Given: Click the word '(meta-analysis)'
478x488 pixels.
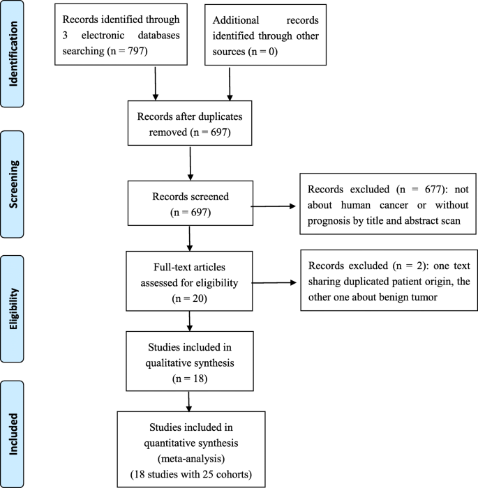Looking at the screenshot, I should click(x=191, y=456).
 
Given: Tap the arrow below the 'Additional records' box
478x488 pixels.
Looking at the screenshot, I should click(x=230, y=89).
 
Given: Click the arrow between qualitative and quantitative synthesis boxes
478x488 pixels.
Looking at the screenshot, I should click(x=190, y=400).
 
